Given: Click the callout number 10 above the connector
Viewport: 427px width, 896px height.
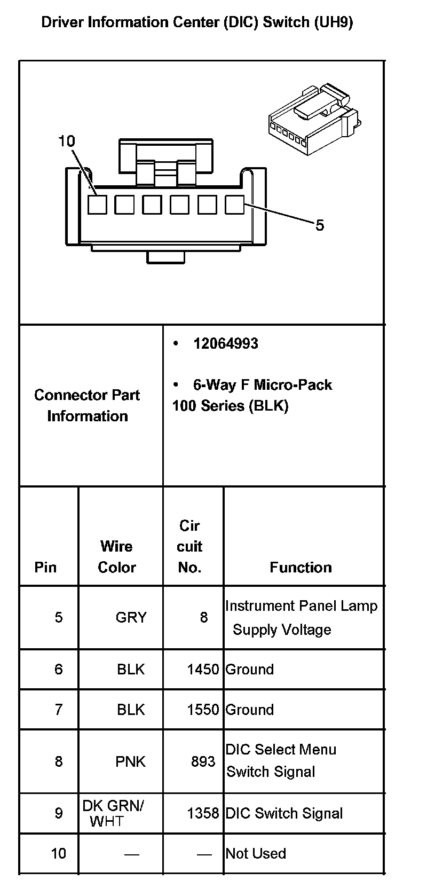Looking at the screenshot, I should pyautogui.click(x=67, y=141).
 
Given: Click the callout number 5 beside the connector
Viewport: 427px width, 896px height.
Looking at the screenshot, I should pyautogui.click(x=319, y=225).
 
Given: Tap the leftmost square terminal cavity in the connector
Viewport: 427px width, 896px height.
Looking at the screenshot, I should pyautogui.click(x=97, y=205).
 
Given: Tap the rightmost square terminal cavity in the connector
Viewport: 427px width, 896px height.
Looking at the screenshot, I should pyautogui.click(x=234, y=205).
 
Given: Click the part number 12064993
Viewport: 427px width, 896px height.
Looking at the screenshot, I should pyautogui.click(x=225, y=343).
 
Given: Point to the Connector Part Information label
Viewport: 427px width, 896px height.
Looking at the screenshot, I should pyautogui.click(x=87, y=405).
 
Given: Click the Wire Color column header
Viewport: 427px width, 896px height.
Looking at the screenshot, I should pyautogui.click(x=117, y=556).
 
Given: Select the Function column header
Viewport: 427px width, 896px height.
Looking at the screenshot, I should pyautogui.click(x=301, y=567).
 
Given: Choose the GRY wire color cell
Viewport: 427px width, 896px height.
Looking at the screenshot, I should pyautogui.click(x=131, y=617).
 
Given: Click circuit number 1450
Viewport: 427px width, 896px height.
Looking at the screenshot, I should pyautogui.click(x=203, y=669).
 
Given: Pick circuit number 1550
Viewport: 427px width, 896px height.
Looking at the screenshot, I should pyautogui.click(x=203, y=710).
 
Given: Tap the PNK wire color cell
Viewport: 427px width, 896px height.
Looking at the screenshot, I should pyautogui.click(x=130, y=761).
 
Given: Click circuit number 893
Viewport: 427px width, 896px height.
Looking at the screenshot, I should pyautogui.click(x=203, y=761).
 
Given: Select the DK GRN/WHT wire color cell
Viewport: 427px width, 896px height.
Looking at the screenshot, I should pyautogui.click(x=113, y=813).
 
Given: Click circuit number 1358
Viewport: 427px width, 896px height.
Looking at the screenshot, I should pyautogui.click(x=203, y=813).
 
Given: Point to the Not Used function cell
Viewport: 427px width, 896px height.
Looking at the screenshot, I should pyautogui.click(x=256, y=853).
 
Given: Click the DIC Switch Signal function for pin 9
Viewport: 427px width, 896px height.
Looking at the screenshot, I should pyautogui.click(x=284, y=813).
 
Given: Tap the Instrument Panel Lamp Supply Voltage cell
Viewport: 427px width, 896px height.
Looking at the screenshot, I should pyautogui.click(x=301, y=617).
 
